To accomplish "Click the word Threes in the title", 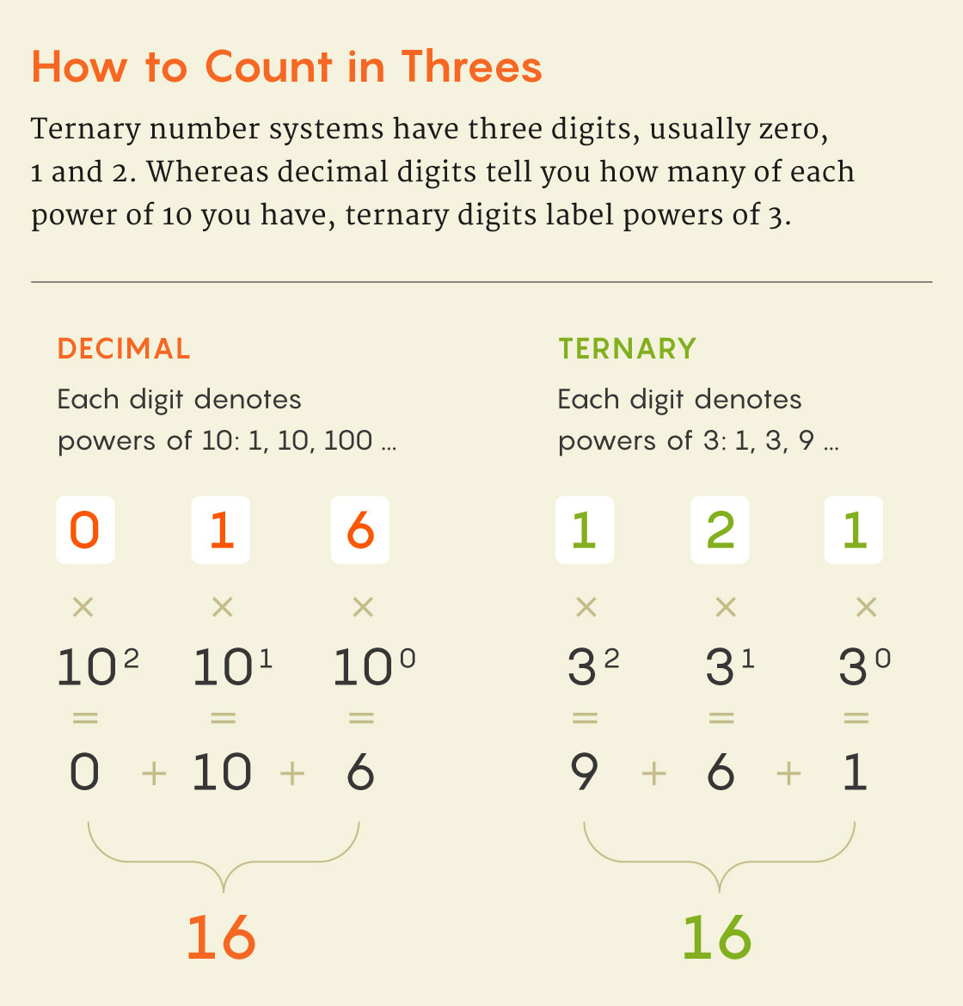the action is coord(471,67).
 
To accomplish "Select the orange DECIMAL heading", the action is coord(124,349).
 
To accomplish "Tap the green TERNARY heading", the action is coord(627,349).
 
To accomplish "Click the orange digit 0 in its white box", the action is coord(84,530).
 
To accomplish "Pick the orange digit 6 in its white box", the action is coord(360,530).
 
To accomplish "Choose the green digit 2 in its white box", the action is coord(720,530).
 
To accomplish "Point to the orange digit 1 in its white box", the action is coord(221,530).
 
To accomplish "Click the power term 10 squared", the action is coord(97,667).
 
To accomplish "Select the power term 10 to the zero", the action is coord(374,667).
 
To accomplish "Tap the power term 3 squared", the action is coord(593,667).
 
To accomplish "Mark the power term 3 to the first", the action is coord(729,667).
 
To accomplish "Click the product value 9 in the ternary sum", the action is coord(584,772).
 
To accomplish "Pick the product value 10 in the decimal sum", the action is coord(221,772).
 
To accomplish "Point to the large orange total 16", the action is coord(221,937).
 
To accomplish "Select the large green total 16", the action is coord(716,937).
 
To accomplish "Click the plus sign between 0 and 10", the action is coord(154,774).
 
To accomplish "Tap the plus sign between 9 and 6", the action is coord(653,774).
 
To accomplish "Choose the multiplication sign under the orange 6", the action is coord(363,607).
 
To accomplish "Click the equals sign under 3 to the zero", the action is coord(856,718).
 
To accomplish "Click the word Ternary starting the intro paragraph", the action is coord(85,130).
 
